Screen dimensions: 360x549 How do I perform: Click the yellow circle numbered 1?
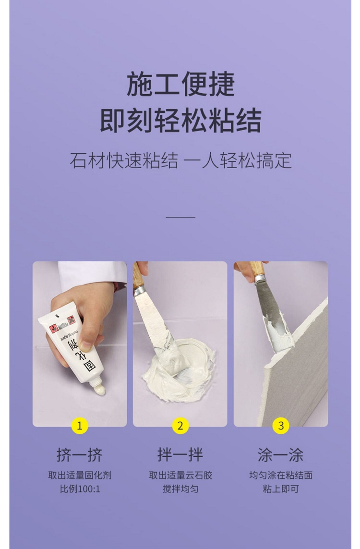click(x=79, y=426)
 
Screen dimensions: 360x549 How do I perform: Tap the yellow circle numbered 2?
click(x=180, y=426)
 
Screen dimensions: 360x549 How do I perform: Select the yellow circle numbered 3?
click(x=281, y=426)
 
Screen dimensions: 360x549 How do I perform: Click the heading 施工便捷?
click(x=180, y=84)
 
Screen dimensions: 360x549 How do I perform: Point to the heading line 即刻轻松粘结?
click(x=180, y=120)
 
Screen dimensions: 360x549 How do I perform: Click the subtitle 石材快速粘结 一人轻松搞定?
click(x=180, y=161)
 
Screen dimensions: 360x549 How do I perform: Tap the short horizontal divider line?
click(x=180, y=217)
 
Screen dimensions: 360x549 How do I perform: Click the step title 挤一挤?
click(x=79, y=455)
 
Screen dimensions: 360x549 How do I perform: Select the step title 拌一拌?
click(x=180, y=455)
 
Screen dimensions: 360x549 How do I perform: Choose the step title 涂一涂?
click(x=281, y=455)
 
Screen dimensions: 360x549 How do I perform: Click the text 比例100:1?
click(x=80, y=489)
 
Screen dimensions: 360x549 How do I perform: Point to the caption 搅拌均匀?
click(x=180, y=489)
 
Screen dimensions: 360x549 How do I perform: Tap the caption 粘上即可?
click(x=281, y=489)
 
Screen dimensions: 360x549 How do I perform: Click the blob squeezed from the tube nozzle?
click(x=99, y=390)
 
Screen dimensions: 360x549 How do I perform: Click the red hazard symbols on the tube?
click(x=62, y=324)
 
